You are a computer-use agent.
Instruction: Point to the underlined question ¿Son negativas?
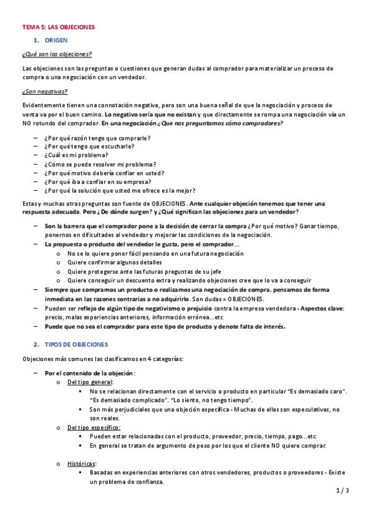[45, 92]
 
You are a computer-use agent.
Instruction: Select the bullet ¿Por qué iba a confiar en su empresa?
[98, 182]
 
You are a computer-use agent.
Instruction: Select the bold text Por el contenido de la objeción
[90, 373]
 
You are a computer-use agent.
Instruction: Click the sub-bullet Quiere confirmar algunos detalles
[112, 262]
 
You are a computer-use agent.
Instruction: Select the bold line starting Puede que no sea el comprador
[165, 326]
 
